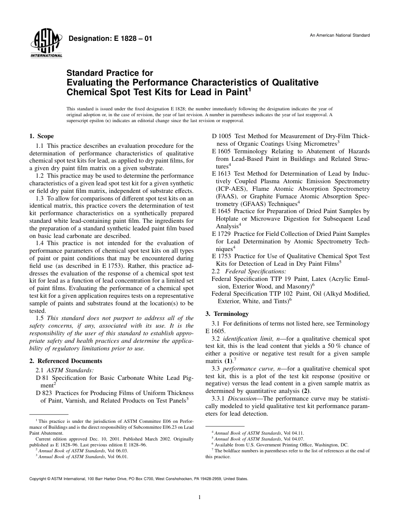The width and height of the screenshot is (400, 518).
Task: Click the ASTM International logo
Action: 46,44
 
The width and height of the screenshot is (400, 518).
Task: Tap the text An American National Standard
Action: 340,35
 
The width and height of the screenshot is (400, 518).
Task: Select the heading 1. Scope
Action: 41,136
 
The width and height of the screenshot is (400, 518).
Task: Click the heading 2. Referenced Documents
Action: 66,361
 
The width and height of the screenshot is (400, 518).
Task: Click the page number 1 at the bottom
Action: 200,497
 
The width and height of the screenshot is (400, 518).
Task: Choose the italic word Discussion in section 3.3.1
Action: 243,398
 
